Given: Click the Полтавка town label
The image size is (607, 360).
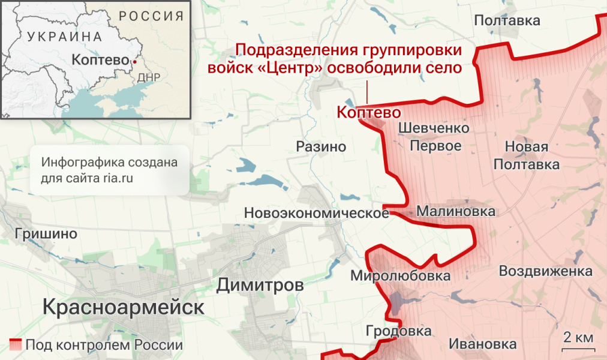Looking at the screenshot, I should coord(507,21).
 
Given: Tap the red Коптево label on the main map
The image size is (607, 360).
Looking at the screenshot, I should coord(368,112).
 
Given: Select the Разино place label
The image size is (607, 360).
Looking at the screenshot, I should coord(321,146).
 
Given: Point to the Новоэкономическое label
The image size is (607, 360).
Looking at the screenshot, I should coord(316,213).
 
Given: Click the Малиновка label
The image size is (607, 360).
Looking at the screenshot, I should coord(456,211).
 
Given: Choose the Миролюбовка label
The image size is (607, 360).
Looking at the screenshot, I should coord(400,276).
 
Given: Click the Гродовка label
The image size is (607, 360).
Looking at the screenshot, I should coord(399,331).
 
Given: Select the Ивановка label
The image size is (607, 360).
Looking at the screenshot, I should coord(482,344).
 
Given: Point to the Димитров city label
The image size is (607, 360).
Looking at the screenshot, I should coord(260,286).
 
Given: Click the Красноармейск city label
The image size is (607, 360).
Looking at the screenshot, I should coord(124,308).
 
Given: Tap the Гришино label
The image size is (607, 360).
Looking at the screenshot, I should coord(47,234).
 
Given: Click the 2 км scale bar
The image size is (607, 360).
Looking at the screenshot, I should coord(578,340).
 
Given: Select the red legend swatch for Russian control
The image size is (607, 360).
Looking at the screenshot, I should coord(16,345).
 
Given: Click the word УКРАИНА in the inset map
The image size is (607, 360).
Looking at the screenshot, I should coord(64,36).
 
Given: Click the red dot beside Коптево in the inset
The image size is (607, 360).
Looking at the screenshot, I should coord(135,61).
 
